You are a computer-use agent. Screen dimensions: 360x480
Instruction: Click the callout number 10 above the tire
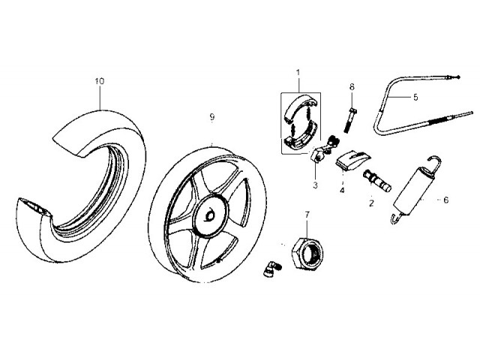click(x=100, y=81)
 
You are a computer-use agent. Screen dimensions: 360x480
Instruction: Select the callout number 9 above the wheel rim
click(x=212, y=117)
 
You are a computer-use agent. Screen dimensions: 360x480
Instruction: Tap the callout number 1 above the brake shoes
click(x=298, y=72)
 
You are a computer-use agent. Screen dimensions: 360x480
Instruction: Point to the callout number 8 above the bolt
click(x=351, y=87)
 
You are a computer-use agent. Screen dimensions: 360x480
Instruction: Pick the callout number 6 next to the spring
click(x=445, y=200)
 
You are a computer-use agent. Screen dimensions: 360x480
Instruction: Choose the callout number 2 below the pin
click(x=370, y=203)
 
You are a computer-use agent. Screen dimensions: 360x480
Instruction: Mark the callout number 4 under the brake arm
click(x=343, y=190)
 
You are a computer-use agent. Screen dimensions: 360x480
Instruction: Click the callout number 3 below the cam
click(x=315, y=184)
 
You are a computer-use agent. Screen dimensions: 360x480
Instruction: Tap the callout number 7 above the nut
click(x=306, y=214)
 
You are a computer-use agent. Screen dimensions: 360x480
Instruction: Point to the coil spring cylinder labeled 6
click(x=411, y=192)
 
